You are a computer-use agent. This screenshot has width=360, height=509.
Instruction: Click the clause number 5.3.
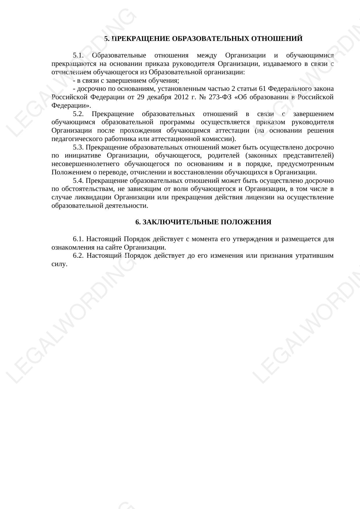[78, 147]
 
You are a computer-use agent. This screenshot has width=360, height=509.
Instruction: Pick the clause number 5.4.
[78, 181]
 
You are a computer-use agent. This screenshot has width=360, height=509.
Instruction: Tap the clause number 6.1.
[78, 239]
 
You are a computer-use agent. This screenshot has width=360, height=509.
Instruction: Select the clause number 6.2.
[78, 256]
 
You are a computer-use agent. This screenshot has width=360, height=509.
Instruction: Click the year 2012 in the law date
[181, 97]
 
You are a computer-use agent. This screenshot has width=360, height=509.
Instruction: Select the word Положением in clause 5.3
[70, 172]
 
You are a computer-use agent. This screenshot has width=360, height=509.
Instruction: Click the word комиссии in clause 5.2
[220, 139]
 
